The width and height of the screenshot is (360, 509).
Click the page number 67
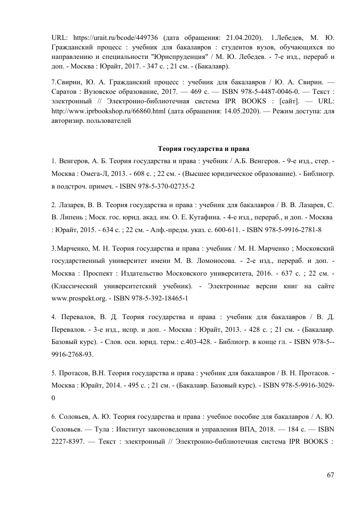(330, 475)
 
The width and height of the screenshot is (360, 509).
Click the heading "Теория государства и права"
(204, 149)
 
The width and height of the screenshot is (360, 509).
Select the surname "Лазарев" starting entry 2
(72, 204)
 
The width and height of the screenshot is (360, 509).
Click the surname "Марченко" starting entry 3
(73, 248)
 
